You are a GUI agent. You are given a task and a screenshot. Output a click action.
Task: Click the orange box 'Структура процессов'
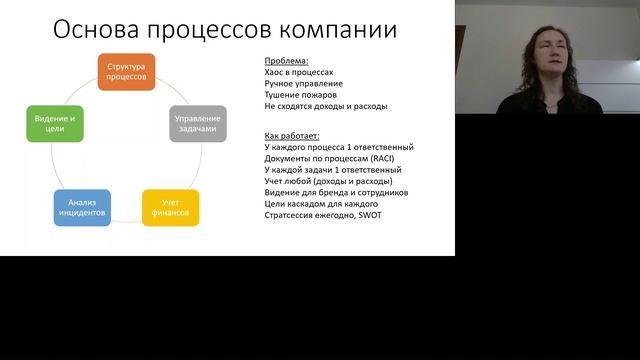click(126, 71)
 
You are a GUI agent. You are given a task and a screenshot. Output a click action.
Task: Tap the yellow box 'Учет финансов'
click(170, 207)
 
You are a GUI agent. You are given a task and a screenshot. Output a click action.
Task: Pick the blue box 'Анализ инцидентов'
click(82, 207)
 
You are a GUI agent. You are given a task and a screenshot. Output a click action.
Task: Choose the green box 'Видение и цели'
click(54, 123)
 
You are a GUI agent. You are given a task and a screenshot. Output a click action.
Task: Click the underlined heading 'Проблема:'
click(286, 62)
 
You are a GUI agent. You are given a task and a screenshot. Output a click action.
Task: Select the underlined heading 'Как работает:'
click(292, 135)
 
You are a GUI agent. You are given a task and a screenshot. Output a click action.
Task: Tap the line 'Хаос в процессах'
click(299, 73)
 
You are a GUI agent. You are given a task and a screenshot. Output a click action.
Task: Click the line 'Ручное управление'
click(303, 84)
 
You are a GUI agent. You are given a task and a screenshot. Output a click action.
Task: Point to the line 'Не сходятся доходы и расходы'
click(325, 106)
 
